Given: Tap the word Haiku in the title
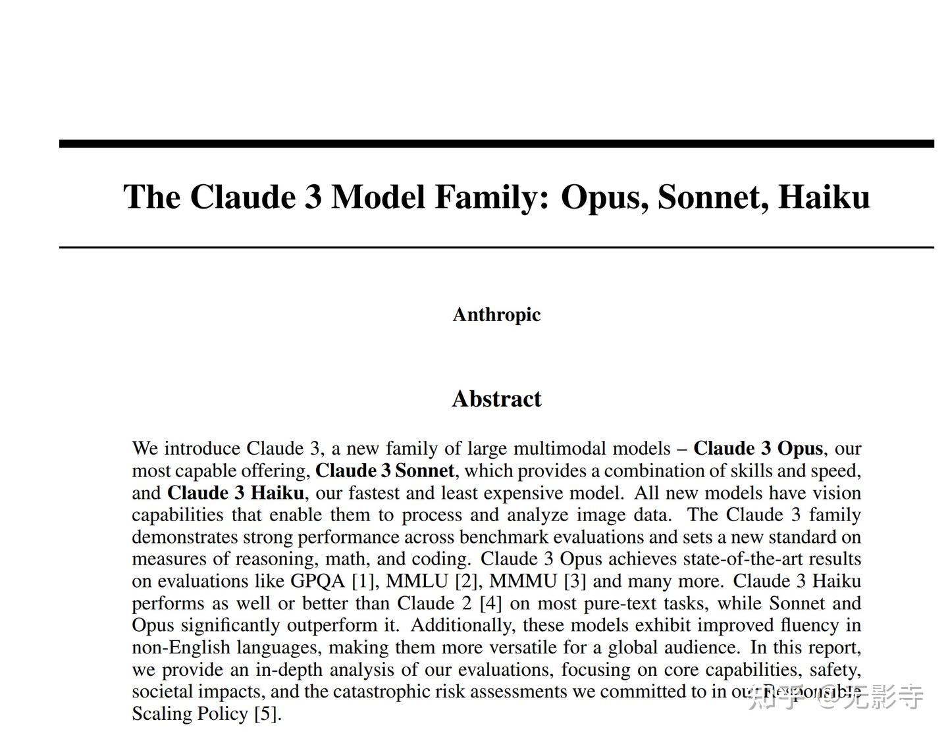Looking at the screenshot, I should tap(824, 197).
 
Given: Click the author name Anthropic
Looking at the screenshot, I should tap(496, 315).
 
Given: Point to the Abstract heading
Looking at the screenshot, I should tap(496, 399).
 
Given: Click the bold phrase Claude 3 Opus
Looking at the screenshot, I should tap(758, 449).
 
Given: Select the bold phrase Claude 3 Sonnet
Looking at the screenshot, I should tap(384, 471).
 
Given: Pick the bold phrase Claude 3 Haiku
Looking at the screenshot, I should tap(235, 493).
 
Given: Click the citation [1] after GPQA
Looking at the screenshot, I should tap(363, 581).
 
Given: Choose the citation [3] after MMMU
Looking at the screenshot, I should tap(575, 581).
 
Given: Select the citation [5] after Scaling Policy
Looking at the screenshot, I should tap(267, 714).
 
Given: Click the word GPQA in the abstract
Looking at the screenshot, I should tap(318, 581).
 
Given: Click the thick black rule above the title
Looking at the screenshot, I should tap(496, 143).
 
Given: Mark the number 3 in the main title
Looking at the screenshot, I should tap(313, 197).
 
